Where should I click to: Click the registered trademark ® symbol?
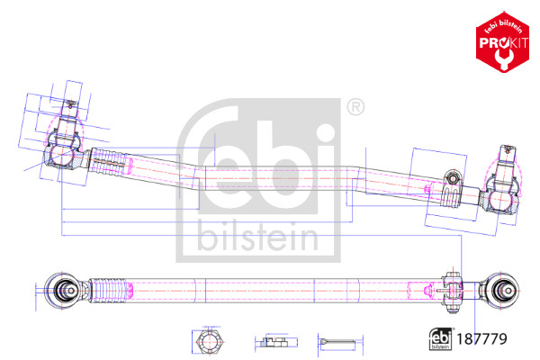356,108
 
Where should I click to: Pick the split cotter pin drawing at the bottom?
338,342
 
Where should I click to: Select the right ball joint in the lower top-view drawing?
505,290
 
